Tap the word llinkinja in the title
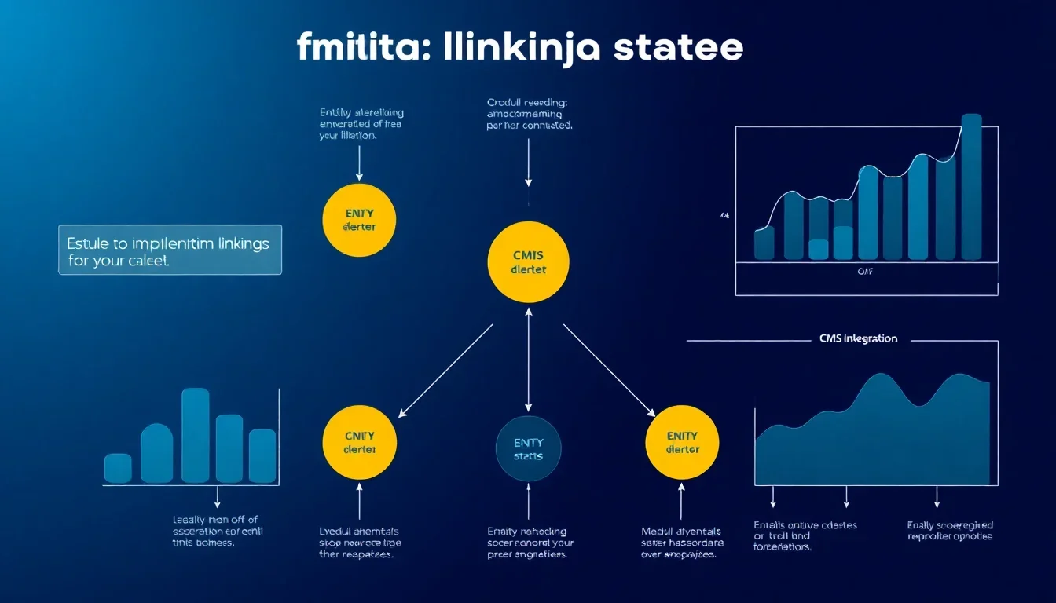pos(519,49)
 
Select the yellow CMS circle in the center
pos(527,262)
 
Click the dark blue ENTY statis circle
pos(528,449)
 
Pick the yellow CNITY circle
pos(360,443)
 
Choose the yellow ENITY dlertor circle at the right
pos(682,443)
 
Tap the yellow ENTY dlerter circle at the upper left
pos(360,220)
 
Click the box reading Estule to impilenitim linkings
pos(170,250)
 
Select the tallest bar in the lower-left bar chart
pos(196,435)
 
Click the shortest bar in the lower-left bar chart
pos(118,468)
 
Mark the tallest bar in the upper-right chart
pos(971,187)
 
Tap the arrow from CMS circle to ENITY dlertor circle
pos(609,370)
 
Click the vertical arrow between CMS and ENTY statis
pos(528,357)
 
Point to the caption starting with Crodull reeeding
pos(529,114)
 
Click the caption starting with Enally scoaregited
pos(949,531)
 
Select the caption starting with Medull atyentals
pos(682,543)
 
